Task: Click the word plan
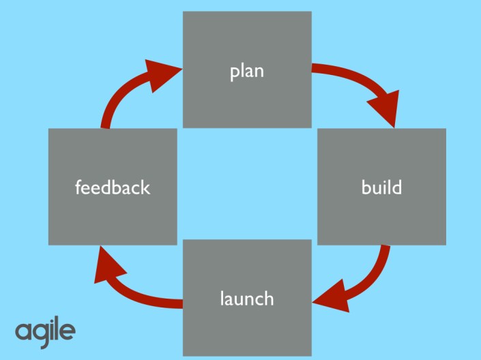pos(247,71)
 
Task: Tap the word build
pos(381,187)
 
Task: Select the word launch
pos(247,298)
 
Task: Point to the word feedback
pos(113,187)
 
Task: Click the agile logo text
pos(45,332)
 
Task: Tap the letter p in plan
pos(234,73)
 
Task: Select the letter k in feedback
pos(145,187)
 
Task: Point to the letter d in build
pos(397,186)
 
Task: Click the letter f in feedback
pos(78,186)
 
